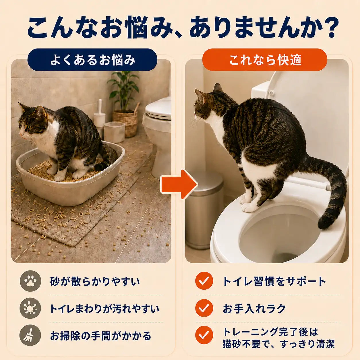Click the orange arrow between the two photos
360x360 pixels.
click(179, 184)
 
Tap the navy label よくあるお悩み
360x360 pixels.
click(92, 60)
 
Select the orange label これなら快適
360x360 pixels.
click(265, 60)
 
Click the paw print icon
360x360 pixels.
click(30, 281)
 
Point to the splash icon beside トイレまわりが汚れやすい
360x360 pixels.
click(30, 308)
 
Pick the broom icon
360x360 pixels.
click(30, 336)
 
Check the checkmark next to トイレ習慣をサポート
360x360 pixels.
click(204, 281)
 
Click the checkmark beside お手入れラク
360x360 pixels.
click(204, 308)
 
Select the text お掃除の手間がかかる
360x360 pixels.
click(100, 336)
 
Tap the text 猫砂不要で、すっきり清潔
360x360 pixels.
click(278, 344)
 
